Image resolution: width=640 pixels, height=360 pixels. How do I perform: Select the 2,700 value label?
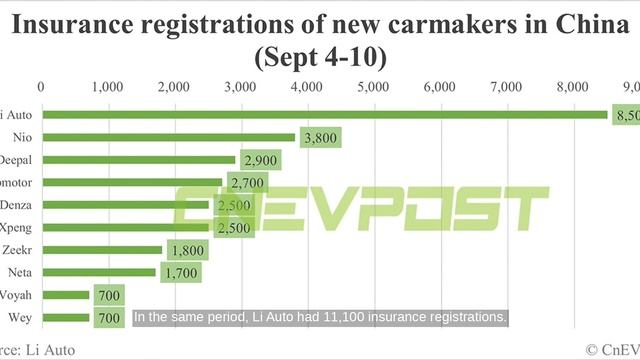coord(247,182)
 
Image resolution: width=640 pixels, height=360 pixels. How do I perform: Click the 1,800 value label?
coord(187,249)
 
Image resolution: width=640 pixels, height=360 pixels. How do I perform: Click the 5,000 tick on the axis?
coord(373,88)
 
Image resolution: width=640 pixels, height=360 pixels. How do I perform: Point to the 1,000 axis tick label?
coord(106,88)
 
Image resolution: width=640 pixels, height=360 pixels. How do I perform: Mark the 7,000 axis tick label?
coord(507,88)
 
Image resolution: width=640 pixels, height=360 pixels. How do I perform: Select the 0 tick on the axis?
coord(40,88)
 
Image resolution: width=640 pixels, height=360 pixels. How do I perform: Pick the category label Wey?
coord(19,317)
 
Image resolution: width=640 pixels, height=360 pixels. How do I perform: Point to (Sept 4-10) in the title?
coord(321,57)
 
